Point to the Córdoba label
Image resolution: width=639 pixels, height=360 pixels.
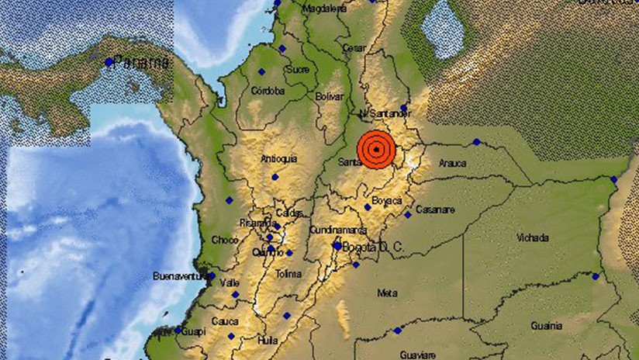[x=268, y=90]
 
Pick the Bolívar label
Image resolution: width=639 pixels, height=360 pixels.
[x=330, y=97]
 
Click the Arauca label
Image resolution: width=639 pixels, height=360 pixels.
[x=452, y=163]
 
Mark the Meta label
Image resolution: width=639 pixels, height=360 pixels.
[x=387, y=293]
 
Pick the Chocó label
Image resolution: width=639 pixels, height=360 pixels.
[x=224, y=240]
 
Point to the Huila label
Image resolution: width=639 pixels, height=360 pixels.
[x=268, y=340]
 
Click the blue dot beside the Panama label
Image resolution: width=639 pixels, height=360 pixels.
[x=109, y=61]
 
